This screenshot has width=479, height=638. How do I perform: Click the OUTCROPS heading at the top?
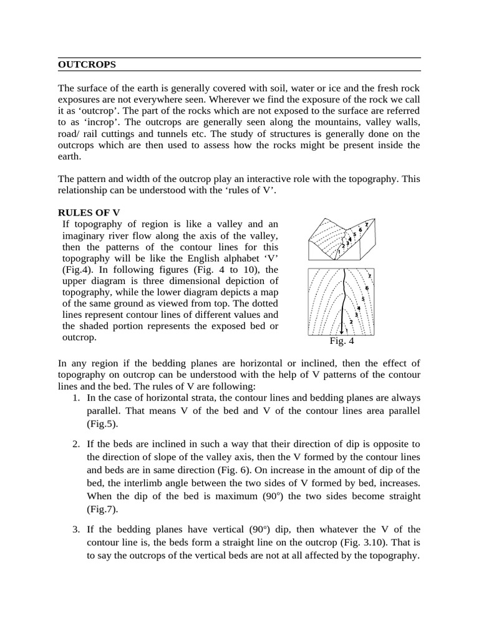pyautogui.click(x=87, y=64)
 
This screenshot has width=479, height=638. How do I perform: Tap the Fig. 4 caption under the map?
pyautogui.click(x=342, y=341)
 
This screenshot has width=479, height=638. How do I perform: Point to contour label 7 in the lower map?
pyautogui.click(x=369, y=276)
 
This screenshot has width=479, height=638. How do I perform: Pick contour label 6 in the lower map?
pyautogui.click(x=367, y=288)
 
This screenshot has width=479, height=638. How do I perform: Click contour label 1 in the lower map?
pyautogui.click(x=346, y=329)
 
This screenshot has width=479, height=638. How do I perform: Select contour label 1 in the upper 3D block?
pyautogui.click(x=339, y=251)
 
